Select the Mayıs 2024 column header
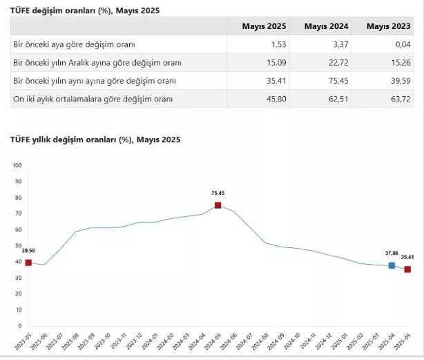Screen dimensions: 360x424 [x=327, y=26]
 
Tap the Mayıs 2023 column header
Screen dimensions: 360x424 [x=388, y=26]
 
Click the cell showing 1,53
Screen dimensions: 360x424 [x=279, y=44]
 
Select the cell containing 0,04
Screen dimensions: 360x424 [x=401, y=44]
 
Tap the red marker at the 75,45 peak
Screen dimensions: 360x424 [x=218, y=205]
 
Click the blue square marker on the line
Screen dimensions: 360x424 [x=392, y=265]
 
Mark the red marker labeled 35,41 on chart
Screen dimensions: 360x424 [x=407, y=269]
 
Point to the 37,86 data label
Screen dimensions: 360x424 [x=392, y=254]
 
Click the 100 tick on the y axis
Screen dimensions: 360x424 [x=17, y=165]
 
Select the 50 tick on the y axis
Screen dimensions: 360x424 [x=19, y=245]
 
